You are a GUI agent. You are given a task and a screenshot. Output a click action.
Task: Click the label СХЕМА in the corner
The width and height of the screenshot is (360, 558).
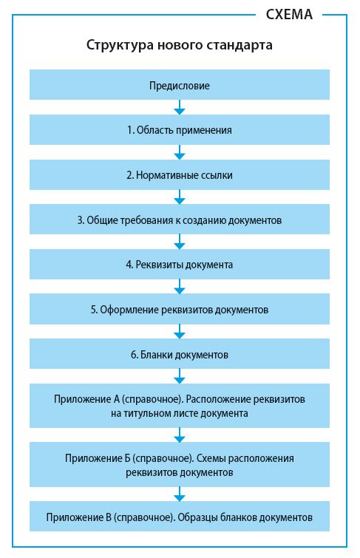(x=289, y=14)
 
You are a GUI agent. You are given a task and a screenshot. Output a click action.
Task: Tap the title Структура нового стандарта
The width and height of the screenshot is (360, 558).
(x=180, y=45)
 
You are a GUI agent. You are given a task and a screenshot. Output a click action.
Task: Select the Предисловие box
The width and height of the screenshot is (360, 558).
(x=180, y=85)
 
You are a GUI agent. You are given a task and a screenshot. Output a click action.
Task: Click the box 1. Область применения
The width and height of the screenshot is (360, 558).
(x=180, y=129)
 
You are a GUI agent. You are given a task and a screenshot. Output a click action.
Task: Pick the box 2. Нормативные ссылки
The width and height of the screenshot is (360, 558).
(x=180, y=174)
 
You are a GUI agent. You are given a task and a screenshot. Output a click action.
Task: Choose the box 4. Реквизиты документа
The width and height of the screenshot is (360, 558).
(x=180, y=264)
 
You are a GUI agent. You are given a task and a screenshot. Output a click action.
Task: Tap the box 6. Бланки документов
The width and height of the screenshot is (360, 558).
(x=180, y=354)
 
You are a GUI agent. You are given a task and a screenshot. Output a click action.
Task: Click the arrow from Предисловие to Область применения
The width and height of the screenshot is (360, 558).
(x=180, y=107)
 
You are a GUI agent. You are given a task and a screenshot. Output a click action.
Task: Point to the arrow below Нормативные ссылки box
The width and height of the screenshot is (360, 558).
(x=180, y=197)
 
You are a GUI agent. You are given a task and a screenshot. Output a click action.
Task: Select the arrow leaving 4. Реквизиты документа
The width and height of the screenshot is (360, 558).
(x=180, y=287)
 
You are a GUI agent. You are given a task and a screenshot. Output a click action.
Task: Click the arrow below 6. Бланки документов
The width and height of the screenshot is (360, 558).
(x=180, y=376)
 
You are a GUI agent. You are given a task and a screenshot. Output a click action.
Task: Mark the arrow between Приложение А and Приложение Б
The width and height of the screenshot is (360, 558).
(x=180, y=435)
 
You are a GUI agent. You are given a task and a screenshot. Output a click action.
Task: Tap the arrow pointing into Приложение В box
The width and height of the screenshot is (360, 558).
(x=180, y=494)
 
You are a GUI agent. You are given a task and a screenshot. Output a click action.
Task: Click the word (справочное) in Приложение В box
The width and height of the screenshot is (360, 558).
(x=145, y=517)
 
